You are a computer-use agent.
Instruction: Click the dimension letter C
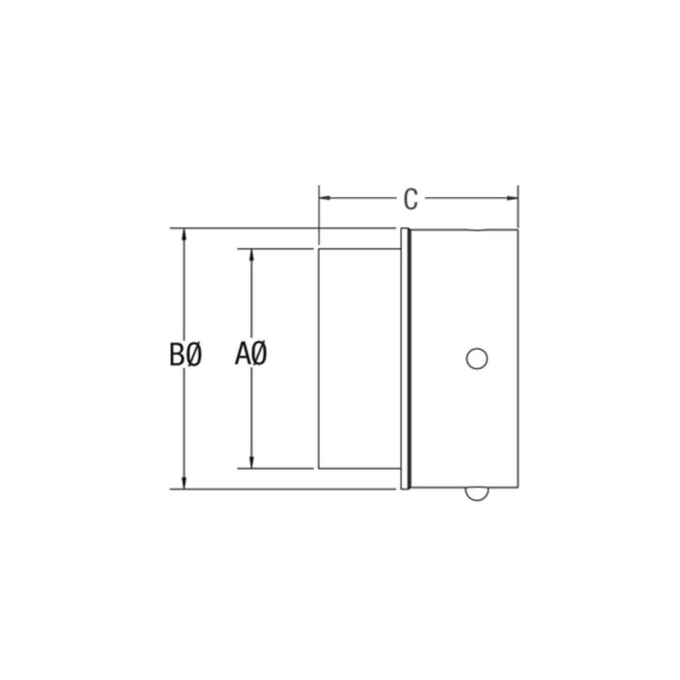[411, 199]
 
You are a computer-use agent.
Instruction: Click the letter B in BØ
[177, 357]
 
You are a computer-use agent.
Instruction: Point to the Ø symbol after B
[193, 357]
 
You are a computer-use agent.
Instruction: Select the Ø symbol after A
[259, 357]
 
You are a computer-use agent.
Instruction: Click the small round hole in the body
[476, 358]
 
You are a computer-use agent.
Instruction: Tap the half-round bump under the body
[476, 493]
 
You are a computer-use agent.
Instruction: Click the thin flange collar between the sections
[404, 358]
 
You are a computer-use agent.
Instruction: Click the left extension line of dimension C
[319, 209]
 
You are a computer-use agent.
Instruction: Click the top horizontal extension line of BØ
[243, 229]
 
